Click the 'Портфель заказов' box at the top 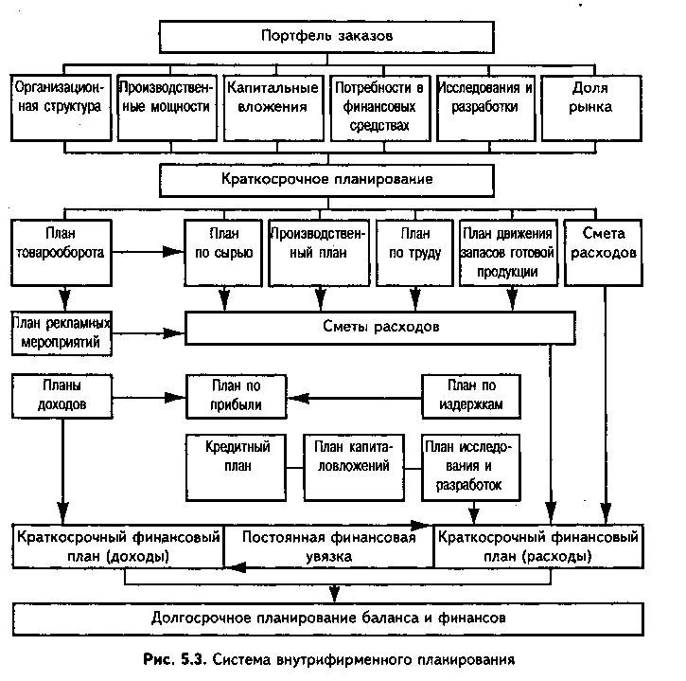[325, 36]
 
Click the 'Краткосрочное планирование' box [325, 178]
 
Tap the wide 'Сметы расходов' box [379, 328]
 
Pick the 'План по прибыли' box [236, 395]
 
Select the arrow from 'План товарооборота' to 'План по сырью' [145, 252]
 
